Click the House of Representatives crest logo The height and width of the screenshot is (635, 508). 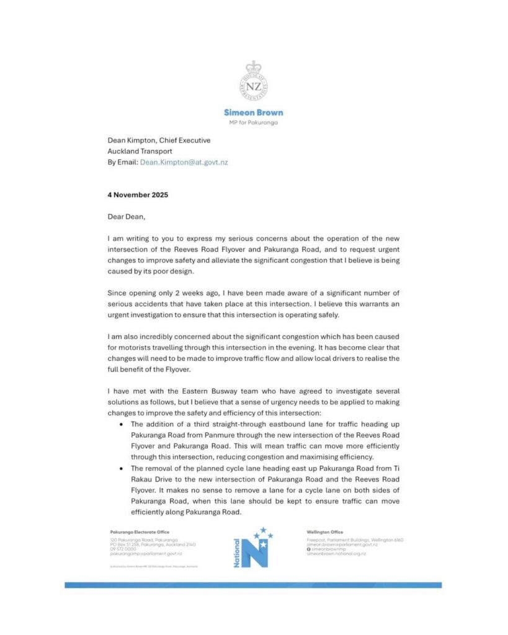click(253, 84)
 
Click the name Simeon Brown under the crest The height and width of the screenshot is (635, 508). click(253, 113)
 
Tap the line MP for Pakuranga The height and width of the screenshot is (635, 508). click(253, 123)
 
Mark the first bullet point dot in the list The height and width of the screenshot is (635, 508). click(120, 424)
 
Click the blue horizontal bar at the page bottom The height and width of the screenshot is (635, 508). click(253, 585)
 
